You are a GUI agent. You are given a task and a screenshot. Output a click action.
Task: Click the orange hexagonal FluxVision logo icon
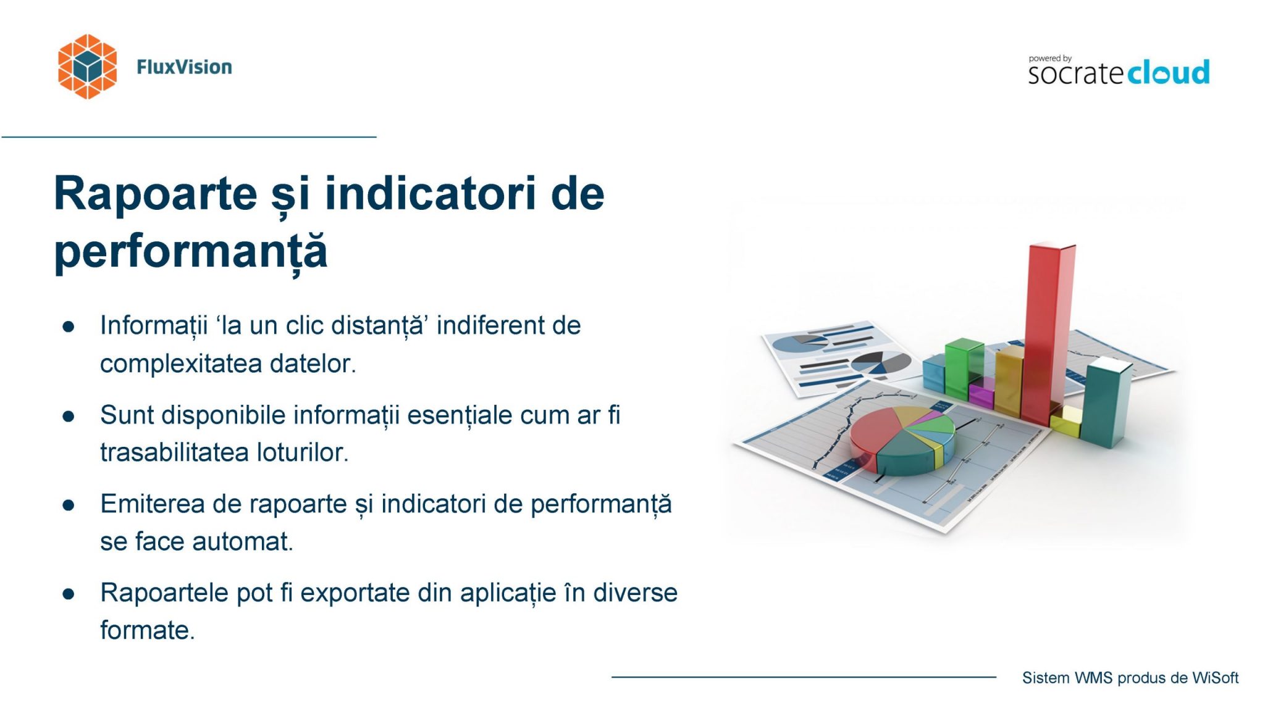coord(87,67)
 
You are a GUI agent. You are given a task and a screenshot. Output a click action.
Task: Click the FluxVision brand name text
coord(184,67)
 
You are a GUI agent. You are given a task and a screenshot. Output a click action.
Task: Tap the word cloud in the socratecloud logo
coord(1168,72)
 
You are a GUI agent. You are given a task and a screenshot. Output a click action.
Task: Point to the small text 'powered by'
coord(1050,59)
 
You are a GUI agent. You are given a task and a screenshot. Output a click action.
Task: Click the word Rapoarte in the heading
coord(156,194)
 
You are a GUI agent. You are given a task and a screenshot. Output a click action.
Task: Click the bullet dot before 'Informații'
coord(69,326)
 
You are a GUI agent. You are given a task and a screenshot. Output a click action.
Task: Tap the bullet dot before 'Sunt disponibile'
coord(69,416)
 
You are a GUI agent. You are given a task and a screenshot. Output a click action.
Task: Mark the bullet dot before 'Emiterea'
coord(69,505)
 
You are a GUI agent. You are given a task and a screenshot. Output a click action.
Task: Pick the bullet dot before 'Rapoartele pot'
coord(69,594)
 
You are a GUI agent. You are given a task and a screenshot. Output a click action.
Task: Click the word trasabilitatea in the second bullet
coord(175,452)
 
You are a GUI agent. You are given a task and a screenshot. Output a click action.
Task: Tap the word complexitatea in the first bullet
coord(181,364)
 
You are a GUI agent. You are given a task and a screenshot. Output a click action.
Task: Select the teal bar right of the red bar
coord(1106,404)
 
